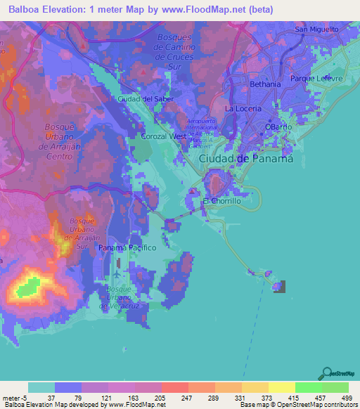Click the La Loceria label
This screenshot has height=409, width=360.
pyautogui.click(x=243, y=109)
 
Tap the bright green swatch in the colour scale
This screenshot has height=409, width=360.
pyautogui.click(x=309, y=387)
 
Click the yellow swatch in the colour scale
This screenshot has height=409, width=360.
pyautogui.click(x=282, y=387)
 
